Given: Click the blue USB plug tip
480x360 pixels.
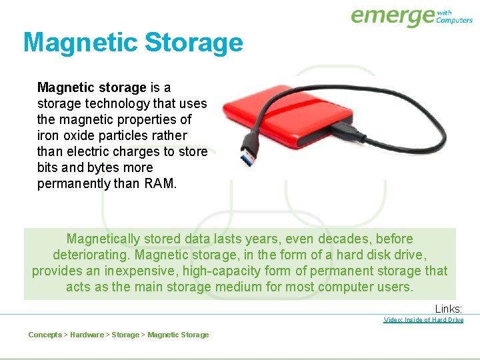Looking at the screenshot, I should coord(247,159).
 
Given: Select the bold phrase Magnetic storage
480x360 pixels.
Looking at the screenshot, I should coord(91,87).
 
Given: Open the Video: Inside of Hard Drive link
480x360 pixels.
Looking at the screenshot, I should coord(423,320).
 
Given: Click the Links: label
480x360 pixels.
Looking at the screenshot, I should coord(449,309).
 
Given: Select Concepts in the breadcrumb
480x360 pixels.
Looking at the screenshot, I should coord(45,335).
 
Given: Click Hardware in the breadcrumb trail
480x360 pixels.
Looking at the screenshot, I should coord(87,335).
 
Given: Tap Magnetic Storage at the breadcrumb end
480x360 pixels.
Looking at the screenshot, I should coord(178,335).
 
